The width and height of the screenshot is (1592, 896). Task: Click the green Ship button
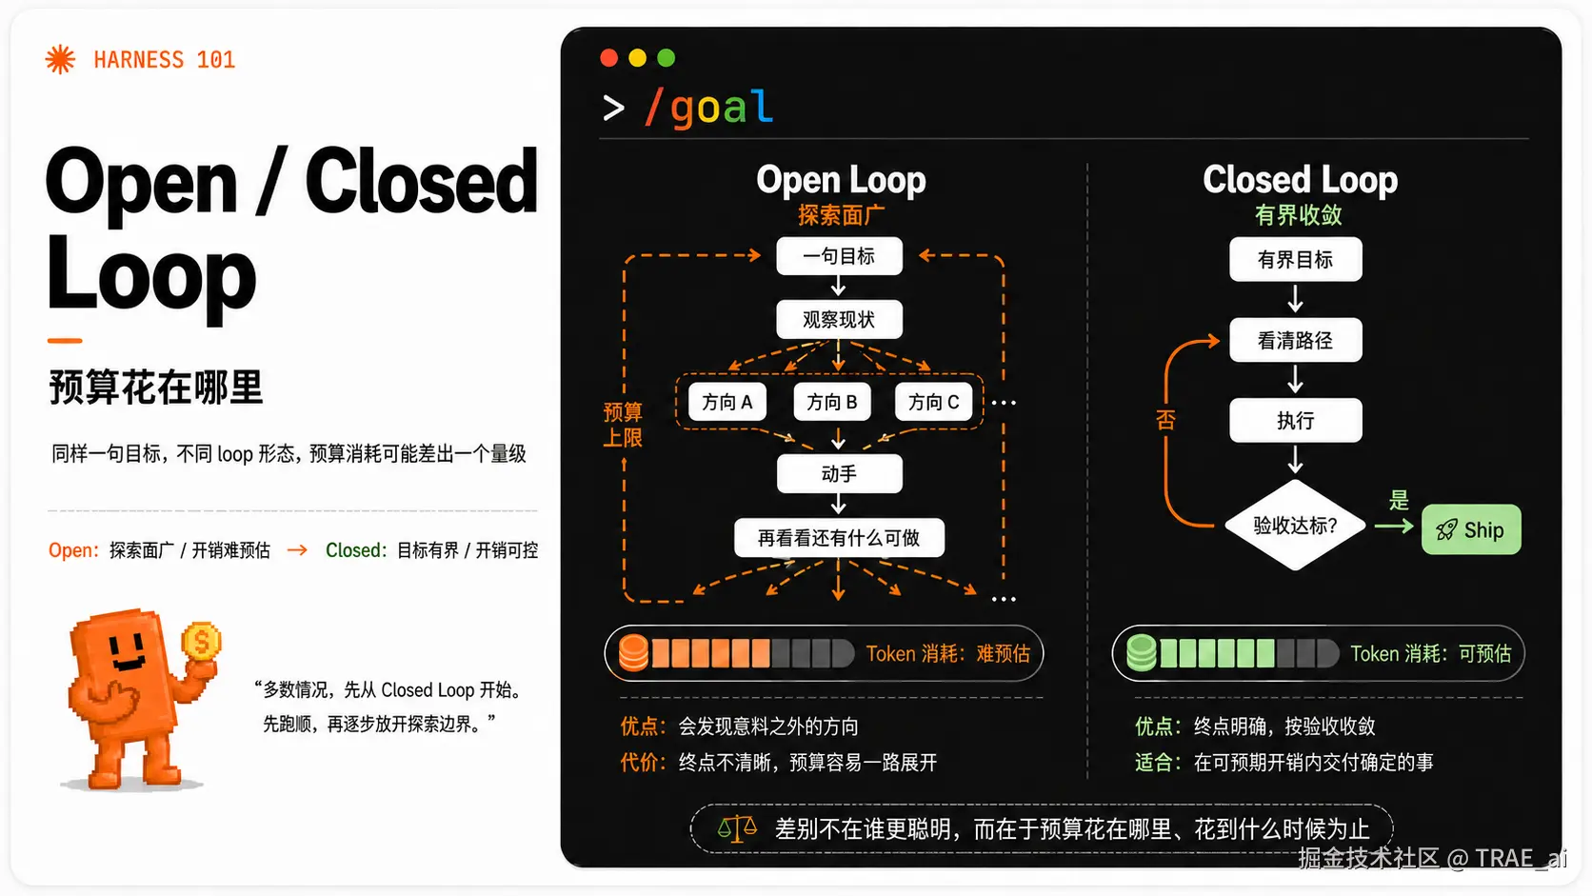(x=1470, y=529)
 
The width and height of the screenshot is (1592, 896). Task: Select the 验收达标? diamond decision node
(x=1295, y=525)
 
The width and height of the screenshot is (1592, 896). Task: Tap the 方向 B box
(x=831, y=402)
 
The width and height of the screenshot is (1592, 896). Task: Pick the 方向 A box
(x=727, y=402)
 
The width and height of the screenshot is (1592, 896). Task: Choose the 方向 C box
(x=934, y=402)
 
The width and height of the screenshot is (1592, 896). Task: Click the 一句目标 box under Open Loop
(x=840, y=256)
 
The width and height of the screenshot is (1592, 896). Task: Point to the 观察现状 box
(x=840, y=320)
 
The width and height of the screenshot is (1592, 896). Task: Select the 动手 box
(x=840, y=474)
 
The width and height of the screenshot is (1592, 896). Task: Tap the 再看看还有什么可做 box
(x=840, y=538)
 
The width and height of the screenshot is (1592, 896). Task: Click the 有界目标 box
(x=1296, y=259)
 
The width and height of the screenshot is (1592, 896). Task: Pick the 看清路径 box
(x=1296, y=340)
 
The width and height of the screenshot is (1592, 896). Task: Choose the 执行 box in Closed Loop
(x=1296, y=421)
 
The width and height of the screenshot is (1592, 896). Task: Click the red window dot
(x=609, y=57)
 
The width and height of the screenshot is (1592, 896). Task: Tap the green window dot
(x=666, y=57)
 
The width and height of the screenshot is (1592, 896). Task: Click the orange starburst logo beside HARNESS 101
(x=60, y=59)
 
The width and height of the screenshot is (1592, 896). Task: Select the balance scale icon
(x=737, y=827)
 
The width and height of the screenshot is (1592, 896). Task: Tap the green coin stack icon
(x=1142, y=653)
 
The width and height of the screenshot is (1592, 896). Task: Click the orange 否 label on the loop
(x=1165, y=420)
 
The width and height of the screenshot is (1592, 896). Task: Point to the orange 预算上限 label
(x=623, y=425)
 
